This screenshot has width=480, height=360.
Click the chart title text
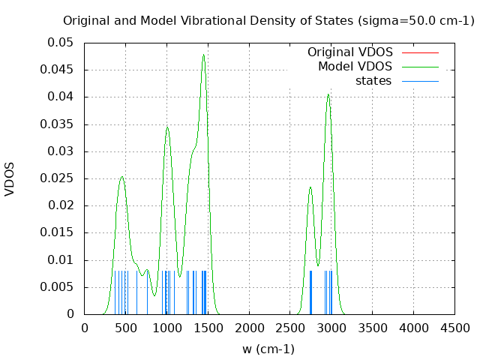(268, 20)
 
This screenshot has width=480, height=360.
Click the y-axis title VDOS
(10, 178)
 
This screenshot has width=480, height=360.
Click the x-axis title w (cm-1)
(268, 349)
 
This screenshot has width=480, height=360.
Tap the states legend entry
(373, 81)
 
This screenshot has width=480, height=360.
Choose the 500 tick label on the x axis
(125, 327)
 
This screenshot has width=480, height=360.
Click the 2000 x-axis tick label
(249, 327)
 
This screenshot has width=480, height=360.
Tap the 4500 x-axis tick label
(454, 327)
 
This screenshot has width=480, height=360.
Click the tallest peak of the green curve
(203, 55)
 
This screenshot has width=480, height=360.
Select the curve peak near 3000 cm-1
(328, 94)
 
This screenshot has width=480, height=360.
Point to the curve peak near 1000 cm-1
(167, 127)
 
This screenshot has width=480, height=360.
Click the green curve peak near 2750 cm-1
(310, 187)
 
